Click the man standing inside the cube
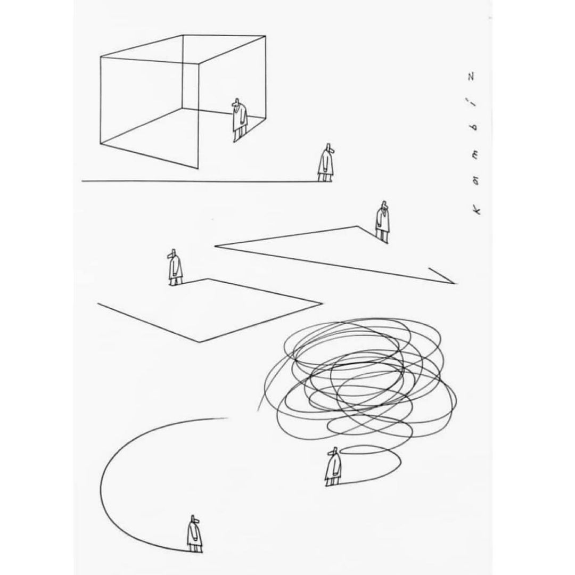click(x=240, y=120)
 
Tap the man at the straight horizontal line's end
click(x=326, y=162)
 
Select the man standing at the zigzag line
click(x=382, y=221)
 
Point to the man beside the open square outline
click(x=175, y=267)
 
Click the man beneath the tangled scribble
click(x=333, y=467)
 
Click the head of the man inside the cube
click(x=237, y=103)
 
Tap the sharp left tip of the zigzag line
click(x=215, y=246)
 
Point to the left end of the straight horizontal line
click(x=82, y=181)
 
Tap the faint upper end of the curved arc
click(x=227, y=418)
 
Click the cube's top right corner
click(x=265, y=36)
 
